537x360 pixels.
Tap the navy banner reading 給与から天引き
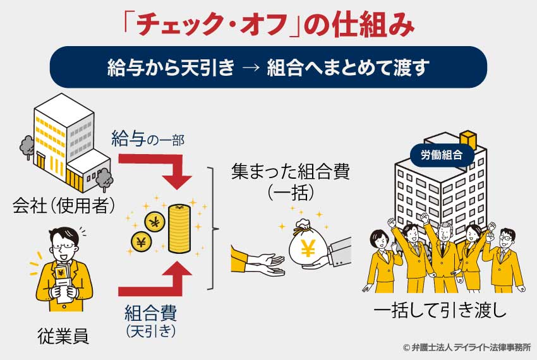268,66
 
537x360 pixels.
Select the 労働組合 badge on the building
442,153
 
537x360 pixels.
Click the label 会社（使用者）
63,203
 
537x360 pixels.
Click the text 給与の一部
147,139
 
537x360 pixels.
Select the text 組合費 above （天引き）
150,311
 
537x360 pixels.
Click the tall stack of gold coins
178,228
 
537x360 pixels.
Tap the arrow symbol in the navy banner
250,67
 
